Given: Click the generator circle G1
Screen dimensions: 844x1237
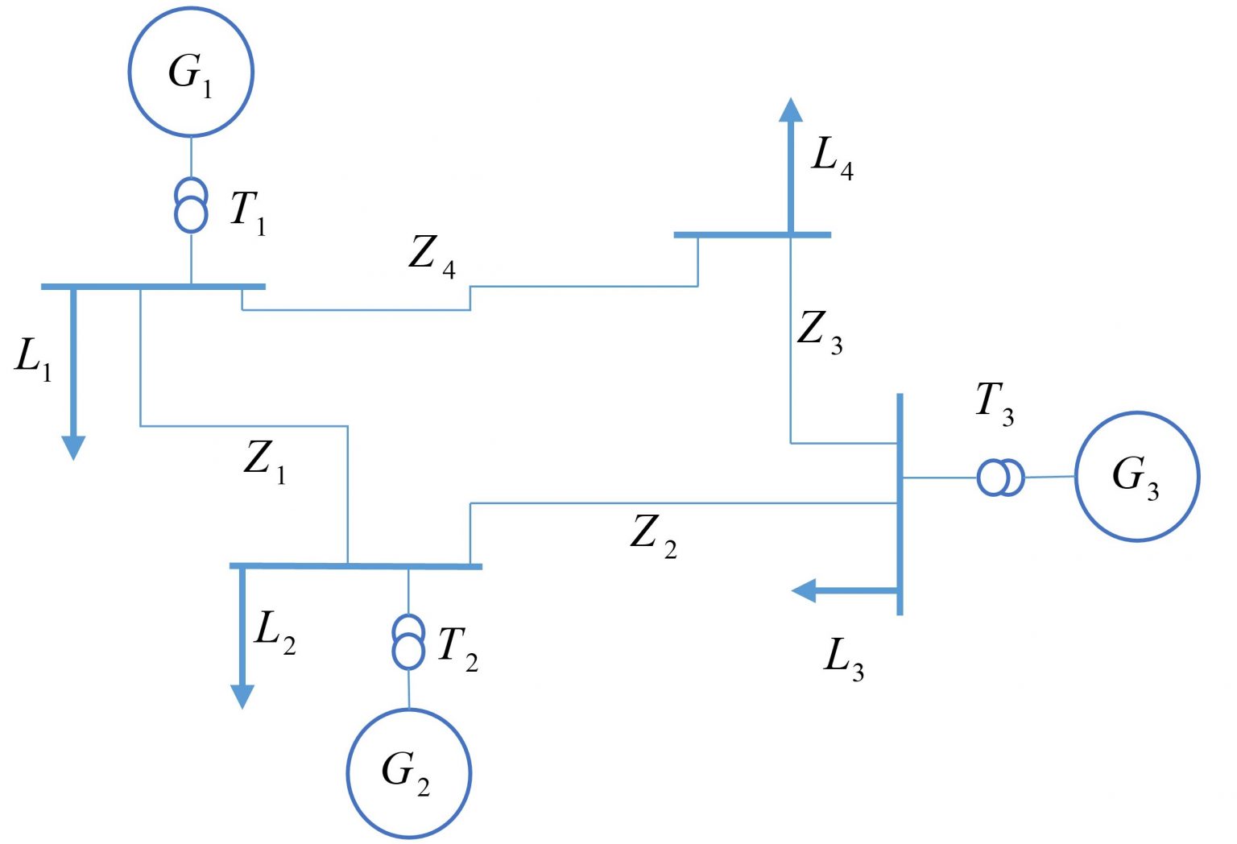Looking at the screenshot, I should coord(191,72).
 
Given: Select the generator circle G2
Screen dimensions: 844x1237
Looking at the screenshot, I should coord(408,772).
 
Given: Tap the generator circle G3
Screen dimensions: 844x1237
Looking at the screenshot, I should coord(1136,476).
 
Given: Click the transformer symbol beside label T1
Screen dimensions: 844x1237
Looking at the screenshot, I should coord(191,205).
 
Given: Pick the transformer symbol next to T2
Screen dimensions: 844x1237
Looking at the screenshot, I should coord(408,641).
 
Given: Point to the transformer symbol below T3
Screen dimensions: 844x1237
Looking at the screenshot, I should coord(1000,478).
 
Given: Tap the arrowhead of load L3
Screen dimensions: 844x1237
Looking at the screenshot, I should coord(805,590).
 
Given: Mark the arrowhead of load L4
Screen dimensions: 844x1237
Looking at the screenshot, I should coord(791,110).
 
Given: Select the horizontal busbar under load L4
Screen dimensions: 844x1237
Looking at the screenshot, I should coord(751,234).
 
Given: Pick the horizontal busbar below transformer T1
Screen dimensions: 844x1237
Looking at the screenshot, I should coord(153,286).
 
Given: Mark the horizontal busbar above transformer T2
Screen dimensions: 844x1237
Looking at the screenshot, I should coord(355,566).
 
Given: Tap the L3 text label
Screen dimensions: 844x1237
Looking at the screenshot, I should coord(843,658).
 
